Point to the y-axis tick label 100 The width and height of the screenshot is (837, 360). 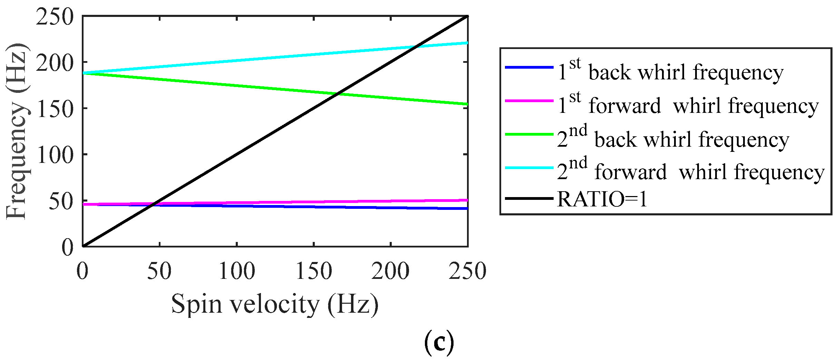pyautogui.click(x=55, y=155)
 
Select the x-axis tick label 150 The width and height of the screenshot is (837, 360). pyautogui.click(x=314, y=271)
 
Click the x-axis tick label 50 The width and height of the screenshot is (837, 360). pyautogui.click(x=159, y=271)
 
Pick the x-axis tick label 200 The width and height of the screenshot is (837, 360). pyautogui.click(x=390, y=271)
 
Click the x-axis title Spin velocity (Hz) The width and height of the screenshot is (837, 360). pyautogui.click(x=275, y=304)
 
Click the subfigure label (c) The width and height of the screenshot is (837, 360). pyautogui.click(x=438, y=343)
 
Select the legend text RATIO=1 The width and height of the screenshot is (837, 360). pyautogui.click(x=602, y=199)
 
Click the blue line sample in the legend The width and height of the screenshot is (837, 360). pyautogui.click(x=529, y=67)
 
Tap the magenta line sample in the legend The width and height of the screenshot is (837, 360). pyautogui.click(x=529, y=101)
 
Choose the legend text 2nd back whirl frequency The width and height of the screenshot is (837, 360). pyautogui.click(x=673, y=139)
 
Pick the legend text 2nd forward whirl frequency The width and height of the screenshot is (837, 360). pyautogui.click(x=690, y=172)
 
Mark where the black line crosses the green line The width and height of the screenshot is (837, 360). pyautogui.click(x=338, y=94)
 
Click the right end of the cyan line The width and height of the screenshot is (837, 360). pyautogui.click(x=467, y=43)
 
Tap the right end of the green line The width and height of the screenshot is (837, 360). pyautogui.click(x=467, y=104)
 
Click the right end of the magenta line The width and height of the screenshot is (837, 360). pyautogui.click(x=467, y=200)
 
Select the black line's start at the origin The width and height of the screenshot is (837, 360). pyautogui.click(x=83, y=246)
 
